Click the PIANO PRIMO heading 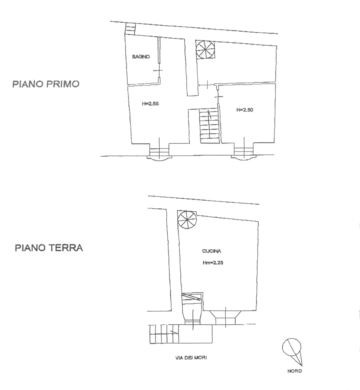point(46,84)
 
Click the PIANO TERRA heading point(49,248)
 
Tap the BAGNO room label point(141,57)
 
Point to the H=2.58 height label point(150,104)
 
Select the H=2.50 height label point(245,110)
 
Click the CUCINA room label point(212,251)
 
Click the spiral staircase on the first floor point(205,49)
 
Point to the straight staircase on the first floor point(209,126)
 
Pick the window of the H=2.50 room point(244,153)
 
